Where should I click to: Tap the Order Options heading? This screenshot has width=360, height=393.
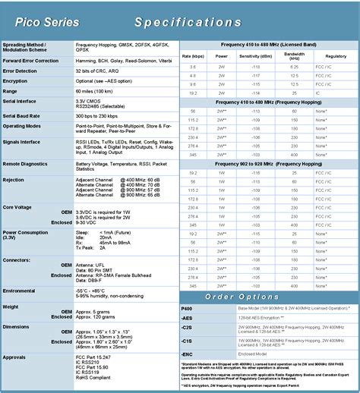tap(269, 297)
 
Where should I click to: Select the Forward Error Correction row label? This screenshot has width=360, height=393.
tap(30, 60)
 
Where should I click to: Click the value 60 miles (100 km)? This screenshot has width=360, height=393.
tap(95, 91)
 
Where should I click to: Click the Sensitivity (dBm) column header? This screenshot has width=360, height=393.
tap(251, 56)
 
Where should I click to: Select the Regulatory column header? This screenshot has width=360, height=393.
tap(336, 56)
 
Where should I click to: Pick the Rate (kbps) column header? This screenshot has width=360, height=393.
tap(193, 56)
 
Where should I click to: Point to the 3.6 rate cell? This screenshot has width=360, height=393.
tap(193, 67)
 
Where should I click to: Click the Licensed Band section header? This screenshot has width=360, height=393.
tap(269, 46)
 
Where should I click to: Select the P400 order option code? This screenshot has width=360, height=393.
tap(188, 309)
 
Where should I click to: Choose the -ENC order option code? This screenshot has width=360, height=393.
tap(188, 353)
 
